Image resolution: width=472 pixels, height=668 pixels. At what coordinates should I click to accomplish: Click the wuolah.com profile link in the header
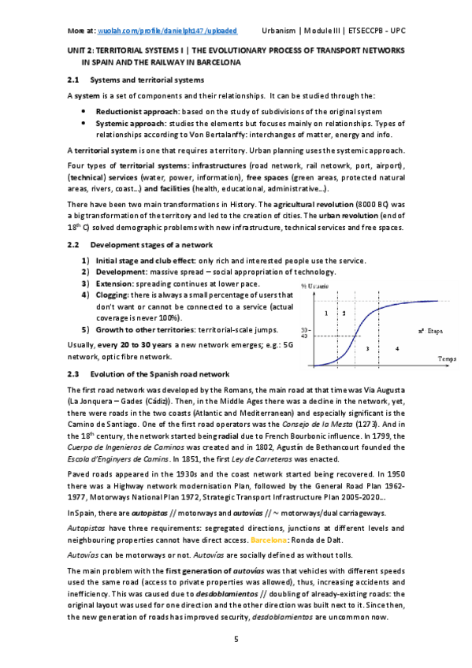(166, 30)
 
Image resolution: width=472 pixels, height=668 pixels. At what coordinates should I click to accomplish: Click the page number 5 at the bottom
(236, 637)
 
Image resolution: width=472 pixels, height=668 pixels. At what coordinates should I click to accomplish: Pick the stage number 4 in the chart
(396, 347)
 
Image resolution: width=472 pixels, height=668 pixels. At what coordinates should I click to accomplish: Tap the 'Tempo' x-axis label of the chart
(448, 359)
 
